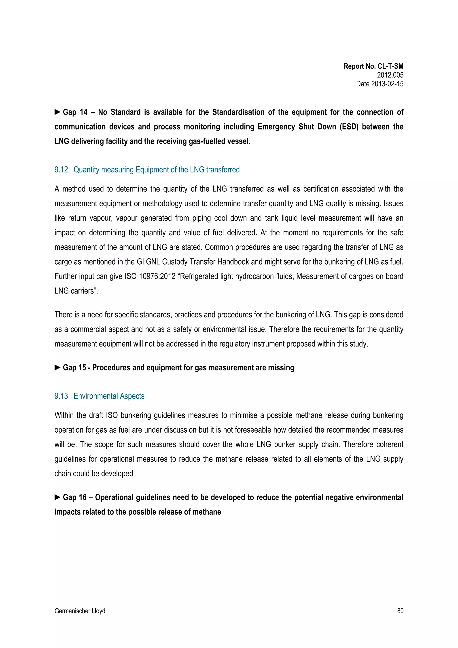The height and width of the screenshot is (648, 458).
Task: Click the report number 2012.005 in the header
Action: click(390, 75)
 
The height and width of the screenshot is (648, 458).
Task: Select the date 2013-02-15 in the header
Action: click(387, 84)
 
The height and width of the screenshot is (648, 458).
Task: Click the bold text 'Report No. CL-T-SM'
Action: click(373, 66)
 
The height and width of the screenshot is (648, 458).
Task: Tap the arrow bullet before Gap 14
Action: click(57, 112)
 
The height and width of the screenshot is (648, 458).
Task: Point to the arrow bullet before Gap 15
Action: click(57, 368)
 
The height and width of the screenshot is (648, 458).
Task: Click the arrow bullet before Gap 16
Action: click(57, 497)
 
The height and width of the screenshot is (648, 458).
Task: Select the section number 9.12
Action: click(61, 170)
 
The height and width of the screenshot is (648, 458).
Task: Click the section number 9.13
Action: click(61, 396)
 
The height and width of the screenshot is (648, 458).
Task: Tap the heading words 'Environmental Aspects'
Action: click(109, 396)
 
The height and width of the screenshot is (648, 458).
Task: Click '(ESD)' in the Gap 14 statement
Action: click(349, 127)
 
